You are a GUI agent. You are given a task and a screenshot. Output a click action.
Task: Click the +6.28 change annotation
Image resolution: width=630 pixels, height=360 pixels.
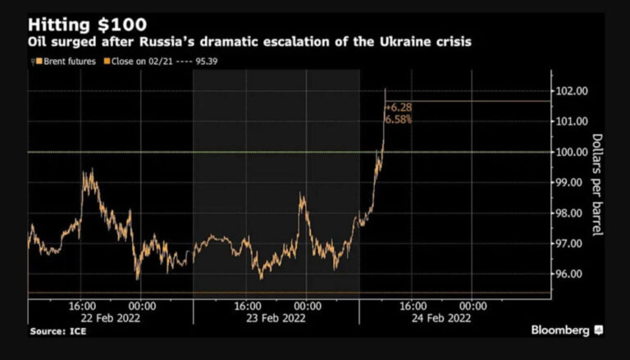[398, 107]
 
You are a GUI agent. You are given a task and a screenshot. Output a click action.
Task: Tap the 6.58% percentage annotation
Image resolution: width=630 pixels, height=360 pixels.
[398, 120]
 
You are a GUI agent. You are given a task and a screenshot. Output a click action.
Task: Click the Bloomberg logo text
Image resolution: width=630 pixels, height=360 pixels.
[560, 330]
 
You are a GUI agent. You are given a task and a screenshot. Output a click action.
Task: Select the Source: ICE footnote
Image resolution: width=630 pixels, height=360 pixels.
[57, 331]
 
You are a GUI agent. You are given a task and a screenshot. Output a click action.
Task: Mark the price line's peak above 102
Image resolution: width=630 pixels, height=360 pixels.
[385, 89]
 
